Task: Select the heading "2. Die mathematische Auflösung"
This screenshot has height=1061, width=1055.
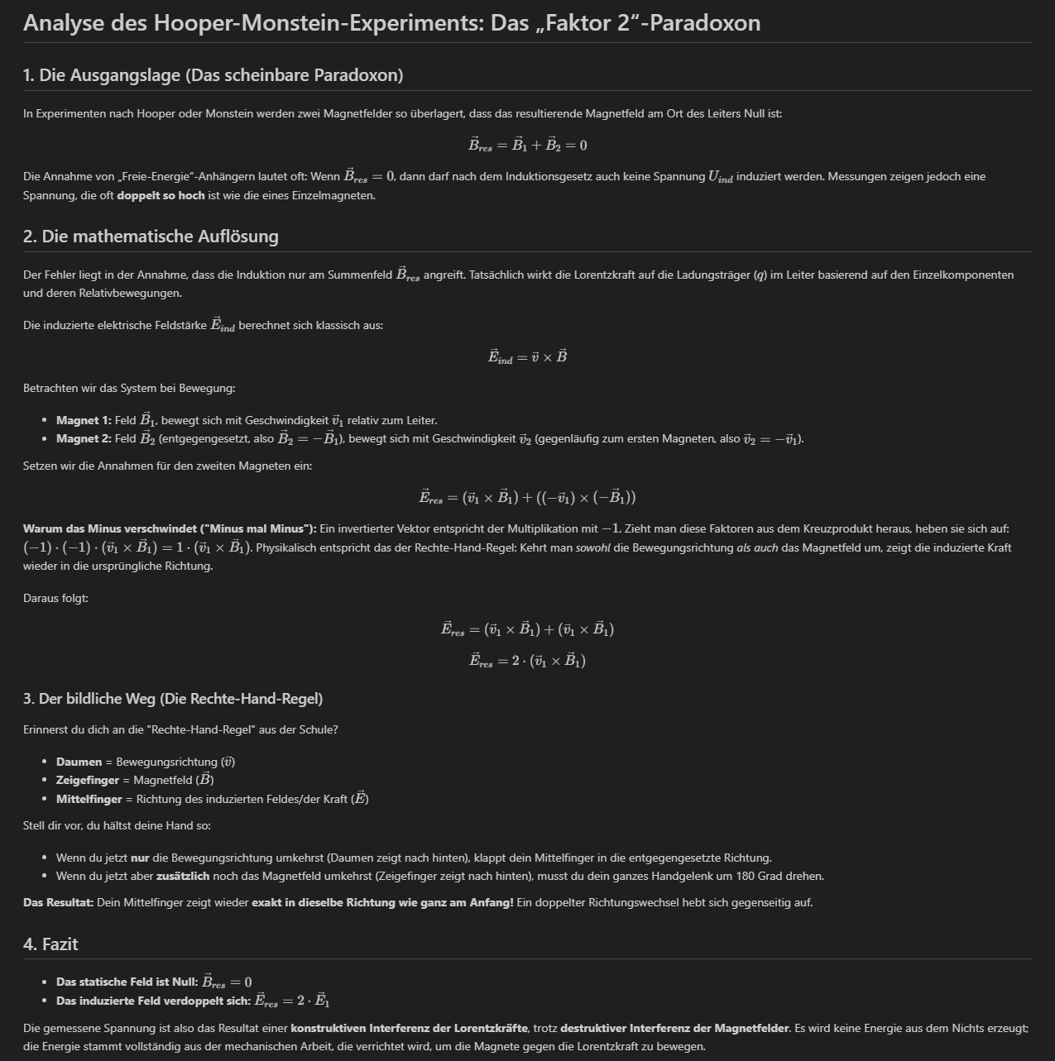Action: [151, 237]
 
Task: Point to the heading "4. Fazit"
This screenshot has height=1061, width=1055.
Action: [50, 944]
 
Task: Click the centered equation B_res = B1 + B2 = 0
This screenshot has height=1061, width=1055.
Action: [527, 146]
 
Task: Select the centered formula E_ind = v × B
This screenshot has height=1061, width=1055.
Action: [527, 357]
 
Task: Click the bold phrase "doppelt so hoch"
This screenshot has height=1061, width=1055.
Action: [161, 196]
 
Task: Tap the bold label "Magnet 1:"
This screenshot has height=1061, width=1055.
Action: [84, 421]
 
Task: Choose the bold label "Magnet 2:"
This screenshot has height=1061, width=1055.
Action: [84, 439]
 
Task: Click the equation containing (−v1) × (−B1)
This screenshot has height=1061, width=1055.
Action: [527, 498]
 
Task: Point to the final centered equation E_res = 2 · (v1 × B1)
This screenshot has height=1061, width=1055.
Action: [527, 661]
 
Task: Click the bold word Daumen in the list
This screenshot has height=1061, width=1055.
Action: [79, 762]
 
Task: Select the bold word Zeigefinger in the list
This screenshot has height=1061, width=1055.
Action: [88, 780]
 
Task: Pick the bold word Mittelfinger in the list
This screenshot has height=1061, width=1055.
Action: [89, 799]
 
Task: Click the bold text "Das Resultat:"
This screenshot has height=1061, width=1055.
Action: [58, 902]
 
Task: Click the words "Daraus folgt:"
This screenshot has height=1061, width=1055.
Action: [55, 598]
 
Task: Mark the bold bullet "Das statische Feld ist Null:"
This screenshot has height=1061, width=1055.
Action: [127, 982]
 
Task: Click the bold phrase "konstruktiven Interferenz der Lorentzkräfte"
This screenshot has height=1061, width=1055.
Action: [410, 1028]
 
